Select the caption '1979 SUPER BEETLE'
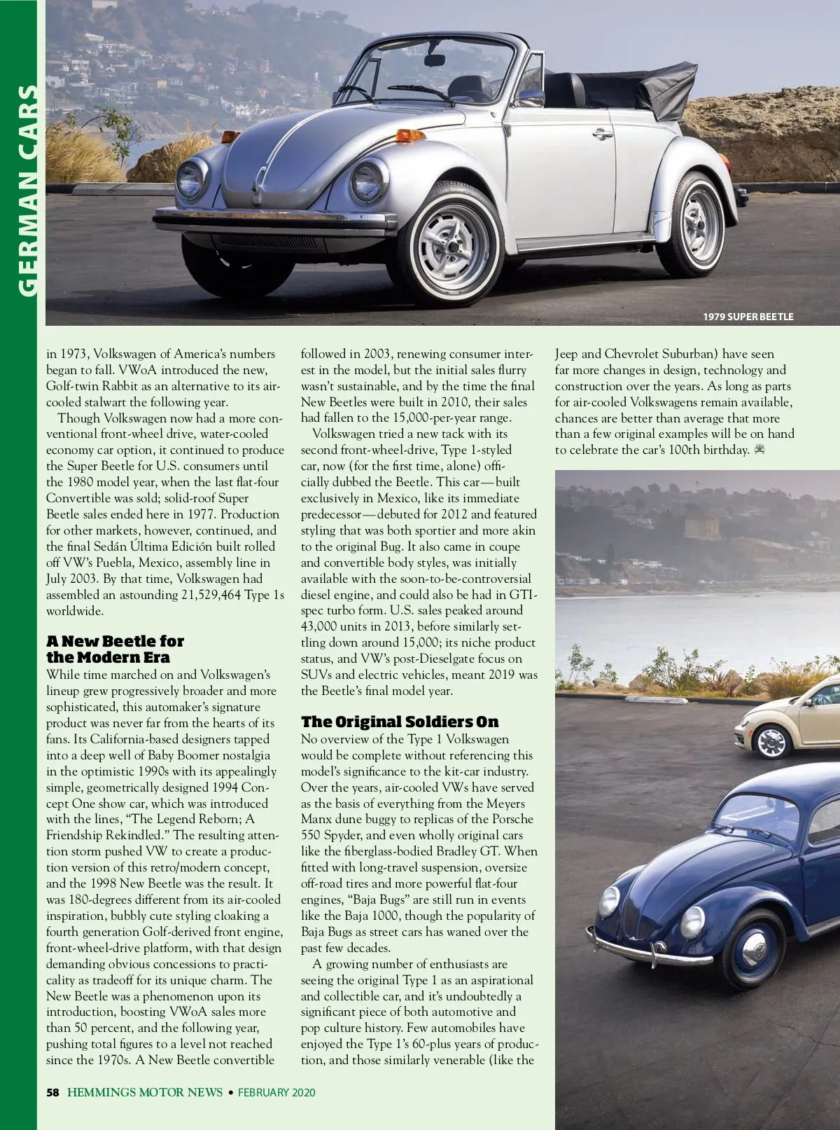[x=748, y=317]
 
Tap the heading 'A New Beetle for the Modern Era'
[x=115, y=649]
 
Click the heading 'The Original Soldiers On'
[x=400, y=722]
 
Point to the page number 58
[x=53, y=1092]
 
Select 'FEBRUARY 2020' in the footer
[x=276, y=1092]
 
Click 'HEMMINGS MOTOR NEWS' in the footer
[x=145, y=1092]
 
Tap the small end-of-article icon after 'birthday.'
[x=760, y=449]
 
